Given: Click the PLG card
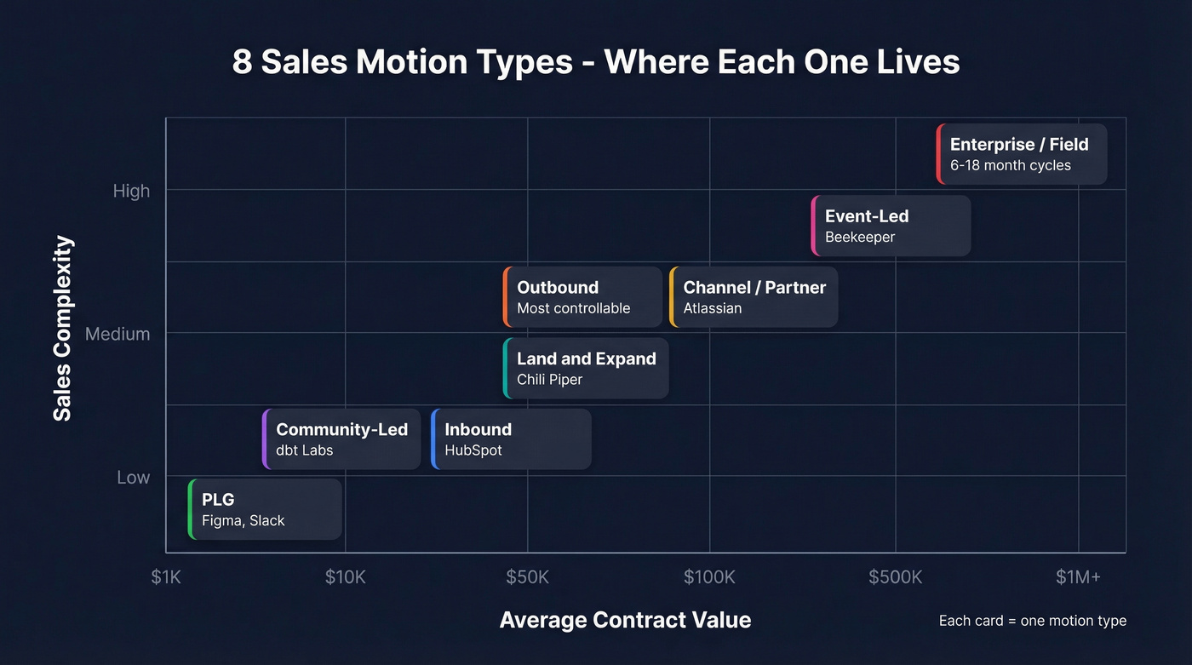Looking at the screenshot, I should pyautogui.click(x=265, y=509).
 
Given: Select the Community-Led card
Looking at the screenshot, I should pyautogui.click(x=341, y=439).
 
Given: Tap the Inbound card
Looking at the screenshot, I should pyautogui.click(x=511, y=439).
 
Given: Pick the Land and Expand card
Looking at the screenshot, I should pyautogui.click(x=586, y=368).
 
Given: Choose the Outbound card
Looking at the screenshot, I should pyautogui.click(x=582, y=296).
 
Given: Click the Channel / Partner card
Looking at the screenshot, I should pyautogui.click(x=754, y=296).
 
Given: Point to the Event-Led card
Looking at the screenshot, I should pyautogui.click(x=891, y=226).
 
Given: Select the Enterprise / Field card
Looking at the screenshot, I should pyautogui.click(x=1022, y=154).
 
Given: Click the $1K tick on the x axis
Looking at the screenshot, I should pyautogui.click(x=166, y=577).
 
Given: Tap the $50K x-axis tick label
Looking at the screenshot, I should pyautogui.click(x=527, y=577).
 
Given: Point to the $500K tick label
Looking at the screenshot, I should pyautogui.click(x=895, y=577).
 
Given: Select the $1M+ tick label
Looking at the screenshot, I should pyautogui.click(x=1078, y=577).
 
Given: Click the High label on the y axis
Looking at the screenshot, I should pyautogui.click(x=131, y=191).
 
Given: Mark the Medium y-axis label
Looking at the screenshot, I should pyautogui.click(x=117, y=334).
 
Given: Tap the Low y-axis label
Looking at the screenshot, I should pyautogui.click(x=133, y=478).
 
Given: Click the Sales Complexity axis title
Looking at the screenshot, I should pyautogui.click(x=63, y=329).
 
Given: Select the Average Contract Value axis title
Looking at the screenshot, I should pyautogui.click(x=625, y=620).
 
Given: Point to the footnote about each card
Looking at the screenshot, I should pyautogui.click(x=1032, y=621).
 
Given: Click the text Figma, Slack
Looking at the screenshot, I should pyautogui.click(x=243, y=520).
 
